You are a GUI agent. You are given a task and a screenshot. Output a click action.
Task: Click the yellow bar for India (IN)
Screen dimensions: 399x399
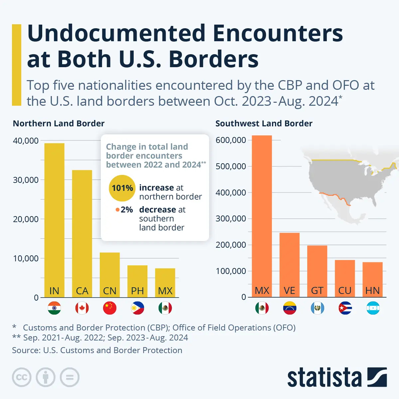pyautogui.click(x=54, y=219)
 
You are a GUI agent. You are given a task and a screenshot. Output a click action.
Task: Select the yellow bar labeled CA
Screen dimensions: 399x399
pyautogui.click(x=82, y=233)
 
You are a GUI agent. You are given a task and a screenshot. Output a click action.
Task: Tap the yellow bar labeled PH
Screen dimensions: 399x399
pyautogui.click(x=137, y=281)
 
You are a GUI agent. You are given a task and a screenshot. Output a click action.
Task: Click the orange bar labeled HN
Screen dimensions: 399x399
pyautogui.click(x=372, y=279)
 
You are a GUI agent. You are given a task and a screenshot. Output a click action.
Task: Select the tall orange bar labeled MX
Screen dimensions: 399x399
pyautogui.click(x=262, y=216)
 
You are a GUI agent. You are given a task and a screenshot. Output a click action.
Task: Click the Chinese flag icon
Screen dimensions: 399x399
pyautogui.click(x=110, y=308)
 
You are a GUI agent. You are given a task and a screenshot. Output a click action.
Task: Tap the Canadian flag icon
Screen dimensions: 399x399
pyautogui.click(x=82, y=308)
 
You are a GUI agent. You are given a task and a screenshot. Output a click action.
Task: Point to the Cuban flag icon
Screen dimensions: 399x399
pyautogui.click(x=345, y=308)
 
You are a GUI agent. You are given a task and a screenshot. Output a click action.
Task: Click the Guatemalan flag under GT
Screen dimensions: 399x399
pyautogui.click(x=317, y=308)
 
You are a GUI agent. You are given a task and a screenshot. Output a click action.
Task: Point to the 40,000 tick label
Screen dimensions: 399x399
pyautogui.click(x=26, y=141)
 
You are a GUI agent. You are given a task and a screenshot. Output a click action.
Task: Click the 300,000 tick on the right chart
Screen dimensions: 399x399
pyautogui.click(x=231, y=219)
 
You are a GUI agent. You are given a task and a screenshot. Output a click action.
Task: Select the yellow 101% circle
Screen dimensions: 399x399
pyautogui.click(x=122, y=188)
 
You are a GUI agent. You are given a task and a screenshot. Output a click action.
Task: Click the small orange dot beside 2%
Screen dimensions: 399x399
pyautogui.click(x=117, y=210)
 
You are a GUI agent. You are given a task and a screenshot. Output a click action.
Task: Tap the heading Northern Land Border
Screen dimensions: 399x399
pyautogui.click(x=59, y=124)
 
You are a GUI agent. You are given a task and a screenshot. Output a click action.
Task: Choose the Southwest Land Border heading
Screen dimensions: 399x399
pyautogui.click(x=264, y=124)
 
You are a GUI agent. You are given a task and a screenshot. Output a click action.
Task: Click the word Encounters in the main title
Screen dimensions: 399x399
pyautogui.click(x=278, y=33)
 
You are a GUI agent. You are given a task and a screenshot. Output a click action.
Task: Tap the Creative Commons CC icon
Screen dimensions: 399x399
pyautogui.click(x=22, y=377)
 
